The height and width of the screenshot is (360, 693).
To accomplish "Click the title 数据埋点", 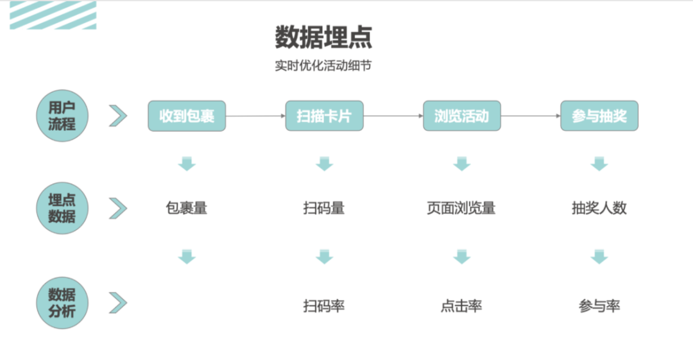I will pyautogui.click(x=323, y=37).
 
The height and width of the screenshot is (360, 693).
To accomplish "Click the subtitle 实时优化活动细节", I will pyautogui.click(x=323, y=66).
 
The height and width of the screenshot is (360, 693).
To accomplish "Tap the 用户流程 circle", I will pyautogui.click(x=62, y=116).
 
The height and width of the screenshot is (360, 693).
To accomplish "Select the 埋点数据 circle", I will pyautogui.click(x=62, y=208).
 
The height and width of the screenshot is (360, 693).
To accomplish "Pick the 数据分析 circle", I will pyautogui.click(x=62, y=303).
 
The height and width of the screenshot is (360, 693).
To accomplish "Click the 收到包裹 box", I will pyautogui.click(x=187, y=116).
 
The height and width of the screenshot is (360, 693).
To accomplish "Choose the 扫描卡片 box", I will pyautogui.click(x=324, y=116).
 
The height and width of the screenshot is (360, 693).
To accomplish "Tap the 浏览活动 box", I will pyautogui.click(x=461, y=116).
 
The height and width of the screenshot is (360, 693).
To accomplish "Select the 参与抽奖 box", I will pyautogui.click(x=599, y=116).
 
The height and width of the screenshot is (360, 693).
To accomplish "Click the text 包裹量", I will pyautogui.click(x=187, y=208).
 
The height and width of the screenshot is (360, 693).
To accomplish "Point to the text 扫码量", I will pyautogui.click(x=324, y=208).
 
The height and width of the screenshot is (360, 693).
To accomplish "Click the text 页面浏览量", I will pyautogui.click(x=461, y=208).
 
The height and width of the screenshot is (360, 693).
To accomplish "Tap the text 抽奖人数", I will pyautogui.click(x=599, y=208).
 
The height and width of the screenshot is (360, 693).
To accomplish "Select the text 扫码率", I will pyautogui.click(x=324, y=306).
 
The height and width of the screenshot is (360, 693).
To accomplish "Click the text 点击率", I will pyautogui.click(x=461, y=306).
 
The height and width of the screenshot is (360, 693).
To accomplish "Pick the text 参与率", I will pyautogui.click(x=599, y=306).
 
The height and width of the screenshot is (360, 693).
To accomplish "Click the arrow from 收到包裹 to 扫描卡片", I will pyautogui.click(x=255, y=116).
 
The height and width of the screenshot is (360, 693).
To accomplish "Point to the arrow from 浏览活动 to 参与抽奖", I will pyautogui.click(x=530, y=116).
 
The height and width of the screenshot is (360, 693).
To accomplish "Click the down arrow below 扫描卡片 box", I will pyautogui.click(x=324, y=164).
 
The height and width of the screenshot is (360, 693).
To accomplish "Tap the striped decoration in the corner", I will pyautogui.click(x=53, y=15).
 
